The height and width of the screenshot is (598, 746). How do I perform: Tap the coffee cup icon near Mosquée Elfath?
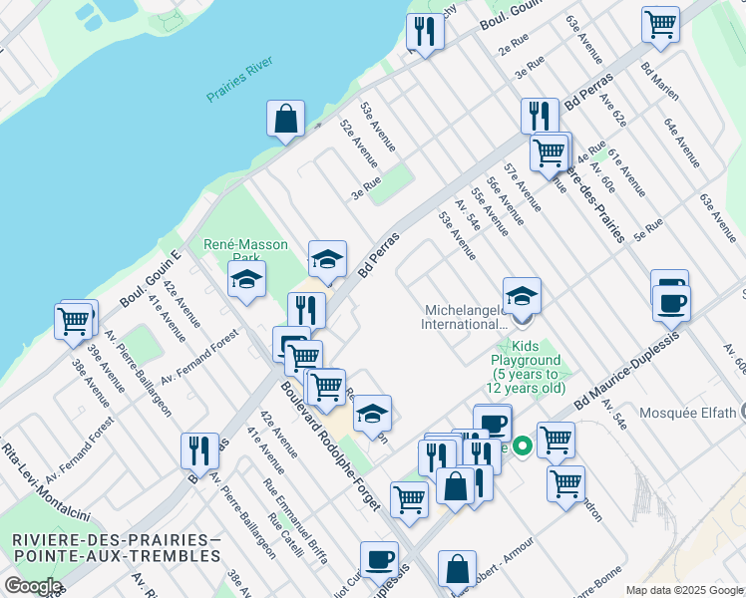click(x=670, y=300)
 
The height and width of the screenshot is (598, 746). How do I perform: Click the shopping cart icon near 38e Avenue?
click(x=73, y=321)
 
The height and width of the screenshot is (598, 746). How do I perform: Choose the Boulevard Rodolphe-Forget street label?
click(x=329, y=446)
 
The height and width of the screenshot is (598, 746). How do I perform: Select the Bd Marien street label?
click(x=660, y=82)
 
